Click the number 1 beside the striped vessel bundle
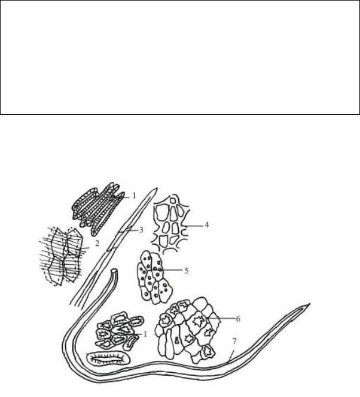[134, 196]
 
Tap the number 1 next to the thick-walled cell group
[145, 335]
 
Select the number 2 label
[97, 244]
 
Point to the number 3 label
[141, 230]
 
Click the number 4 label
[207, 224]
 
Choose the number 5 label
[186, 271]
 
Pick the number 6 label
[238, 319]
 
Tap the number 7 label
[234, 342]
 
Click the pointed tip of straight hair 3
[157, 188]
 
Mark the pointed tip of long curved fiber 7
[309, 304]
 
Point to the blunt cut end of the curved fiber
[115, 270]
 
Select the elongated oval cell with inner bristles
[108, 358]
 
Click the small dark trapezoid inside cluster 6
[177, 340]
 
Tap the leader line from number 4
[194, 226]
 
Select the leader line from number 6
[222, 319]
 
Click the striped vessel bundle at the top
[97, 208]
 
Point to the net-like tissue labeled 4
[171, 223]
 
